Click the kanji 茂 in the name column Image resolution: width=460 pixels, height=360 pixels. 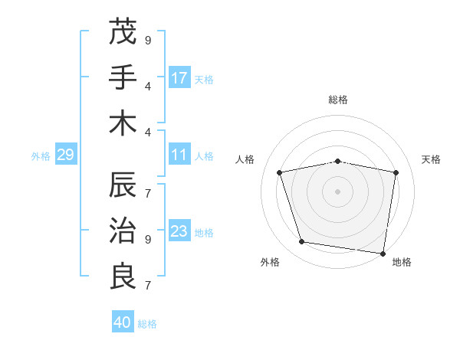[123, 32]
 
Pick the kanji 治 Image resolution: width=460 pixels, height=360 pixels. [123, 231]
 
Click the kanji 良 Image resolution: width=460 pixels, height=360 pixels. [123, 277]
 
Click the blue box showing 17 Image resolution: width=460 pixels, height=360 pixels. [179, 78]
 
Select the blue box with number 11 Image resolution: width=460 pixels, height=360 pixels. [179, 155]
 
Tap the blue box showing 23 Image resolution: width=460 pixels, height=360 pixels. [179, 232]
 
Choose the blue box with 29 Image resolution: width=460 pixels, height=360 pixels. [65, 155]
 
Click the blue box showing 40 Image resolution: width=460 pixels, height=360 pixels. [123, 323]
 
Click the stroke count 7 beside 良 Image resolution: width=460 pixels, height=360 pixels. [147, 286]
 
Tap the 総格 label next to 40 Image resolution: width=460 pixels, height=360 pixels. [147, 324]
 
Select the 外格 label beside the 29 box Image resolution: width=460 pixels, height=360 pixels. [41, 156]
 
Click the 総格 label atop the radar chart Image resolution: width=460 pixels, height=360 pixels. [337, 100]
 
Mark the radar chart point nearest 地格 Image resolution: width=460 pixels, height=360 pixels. [383, 253]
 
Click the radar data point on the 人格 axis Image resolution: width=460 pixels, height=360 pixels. [280, 172]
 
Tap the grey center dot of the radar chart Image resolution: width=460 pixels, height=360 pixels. [337, 191]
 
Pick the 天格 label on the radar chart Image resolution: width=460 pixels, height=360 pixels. [431, 159]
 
